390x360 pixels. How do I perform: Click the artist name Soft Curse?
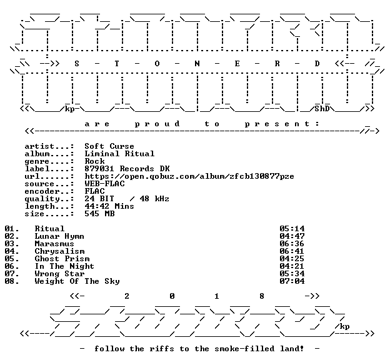point(109,146)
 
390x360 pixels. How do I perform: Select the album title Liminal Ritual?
point(119,154)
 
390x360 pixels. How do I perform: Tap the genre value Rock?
point(95,161)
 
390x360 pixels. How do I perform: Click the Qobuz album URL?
point(189,176)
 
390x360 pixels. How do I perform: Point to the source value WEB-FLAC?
point(105,184)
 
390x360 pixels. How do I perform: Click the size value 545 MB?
point(100,214)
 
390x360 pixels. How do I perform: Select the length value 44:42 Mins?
point(109,206)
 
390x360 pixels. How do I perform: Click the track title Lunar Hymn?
point(59,236)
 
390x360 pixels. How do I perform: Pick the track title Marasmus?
point(54,244)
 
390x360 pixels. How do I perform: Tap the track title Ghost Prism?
point(62,259)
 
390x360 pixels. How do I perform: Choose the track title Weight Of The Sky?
point(77,281)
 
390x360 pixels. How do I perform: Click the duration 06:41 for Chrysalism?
point(292,251)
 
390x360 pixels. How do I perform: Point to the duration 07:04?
point(292,281)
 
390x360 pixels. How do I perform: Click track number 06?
point(10,266)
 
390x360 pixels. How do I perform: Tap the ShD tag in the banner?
point(322,109)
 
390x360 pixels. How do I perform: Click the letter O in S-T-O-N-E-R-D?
point(157,64)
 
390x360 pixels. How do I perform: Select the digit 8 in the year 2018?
point(262,296)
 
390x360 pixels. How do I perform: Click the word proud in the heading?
point(157,124)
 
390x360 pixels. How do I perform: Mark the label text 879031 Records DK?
point(127,168)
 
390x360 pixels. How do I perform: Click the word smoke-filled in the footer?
point(244,349)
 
